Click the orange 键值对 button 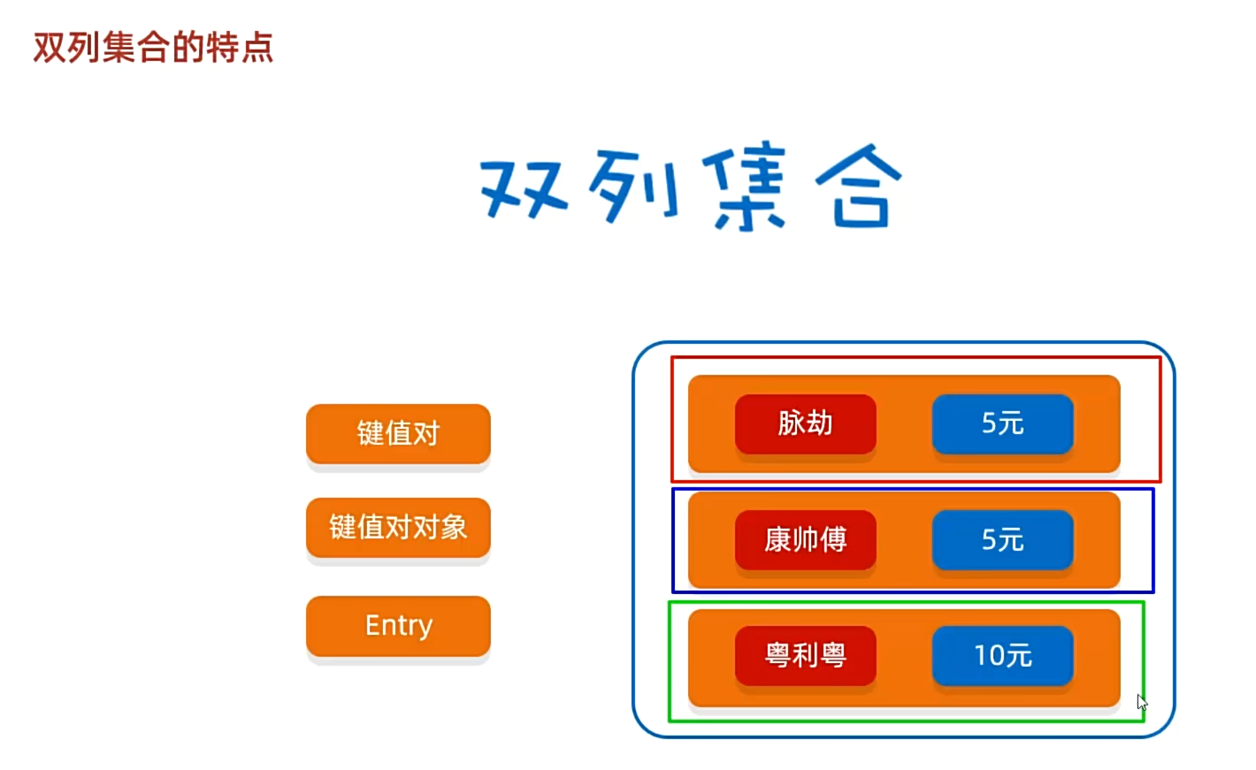coord(398,433)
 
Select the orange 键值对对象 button coord(398,527)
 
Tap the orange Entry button coord(398,625)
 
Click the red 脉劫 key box coord(805,423)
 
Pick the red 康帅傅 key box coord(805,539)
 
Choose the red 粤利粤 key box coord(805,655)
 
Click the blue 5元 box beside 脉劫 coord(1002,423)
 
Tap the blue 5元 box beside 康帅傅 coord(1002,539)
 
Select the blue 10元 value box coord(1002,655)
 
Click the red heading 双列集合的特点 coord(153,48)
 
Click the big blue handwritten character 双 coord(524,188)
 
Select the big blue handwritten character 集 coord(746,188)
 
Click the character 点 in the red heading coord(257,48)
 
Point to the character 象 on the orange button coord(455,528)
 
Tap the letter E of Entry coord(373,625)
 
